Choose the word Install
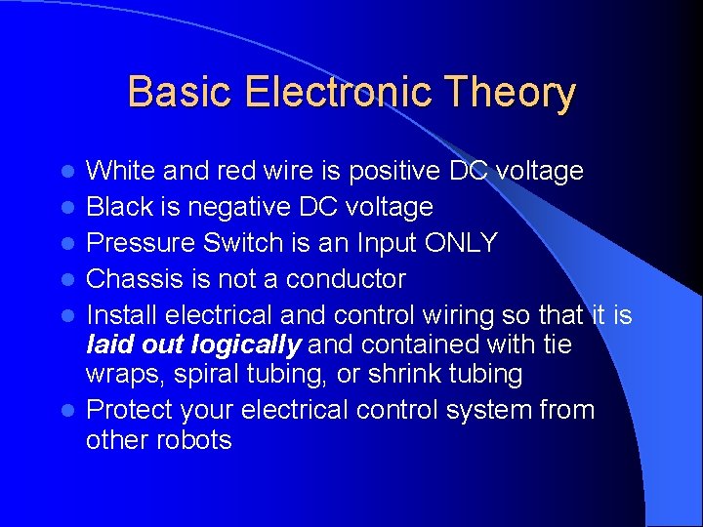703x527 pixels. pyautogui.click(x=122, y=315)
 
